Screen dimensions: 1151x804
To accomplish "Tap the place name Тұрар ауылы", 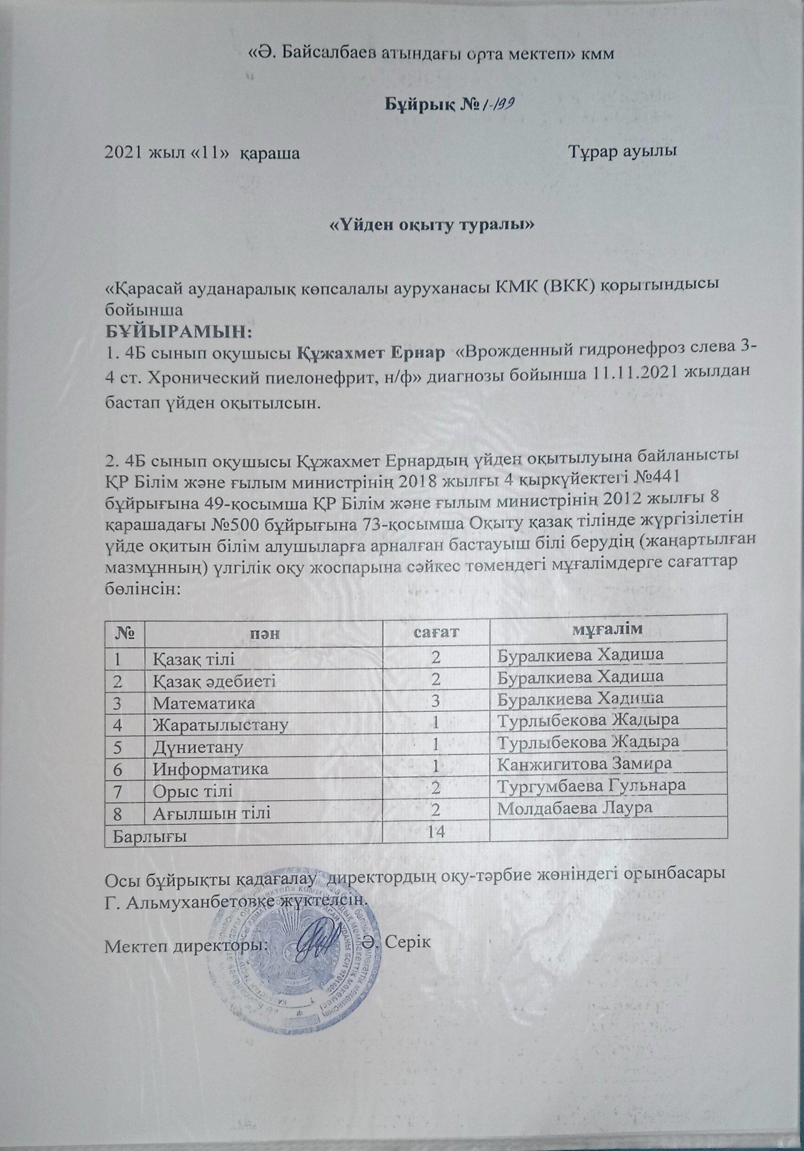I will [624, 152].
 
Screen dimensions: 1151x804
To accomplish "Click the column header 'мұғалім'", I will [607, 628].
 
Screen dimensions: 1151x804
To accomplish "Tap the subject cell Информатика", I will [211, 769].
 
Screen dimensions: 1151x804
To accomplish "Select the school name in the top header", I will [430, 54].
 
